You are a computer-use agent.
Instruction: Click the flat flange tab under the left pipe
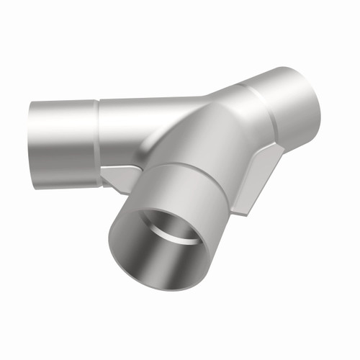pos(122,176)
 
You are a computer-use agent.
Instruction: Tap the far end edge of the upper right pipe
pos(317,97)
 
